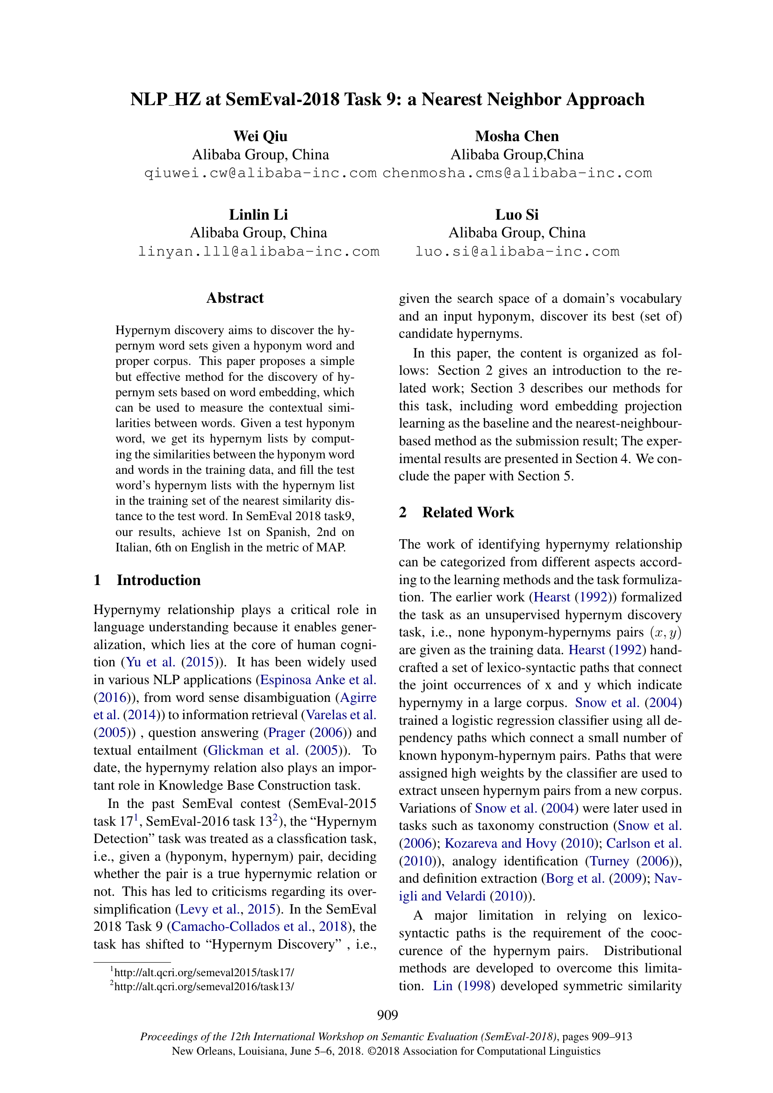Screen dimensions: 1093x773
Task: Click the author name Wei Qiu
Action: pos(260,136)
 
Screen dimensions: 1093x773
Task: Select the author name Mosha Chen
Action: pos(516,136)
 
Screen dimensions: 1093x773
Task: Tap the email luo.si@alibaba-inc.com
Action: pos(517,251)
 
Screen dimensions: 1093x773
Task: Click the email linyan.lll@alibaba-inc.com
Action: pos(258,251)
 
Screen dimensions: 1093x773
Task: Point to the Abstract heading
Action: pos(235,298)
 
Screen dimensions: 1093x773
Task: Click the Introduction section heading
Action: pos(158,580)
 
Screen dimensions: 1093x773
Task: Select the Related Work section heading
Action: pos(468,512)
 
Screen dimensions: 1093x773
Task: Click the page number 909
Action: pos(387,1015)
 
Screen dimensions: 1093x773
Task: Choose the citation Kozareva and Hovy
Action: pos(500,843)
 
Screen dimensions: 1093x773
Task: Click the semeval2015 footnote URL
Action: pos(204,972)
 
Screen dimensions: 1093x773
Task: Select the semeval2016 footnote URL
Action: pos(204,986)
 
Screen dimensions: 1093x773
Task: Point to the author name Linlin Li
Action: pos(258,214)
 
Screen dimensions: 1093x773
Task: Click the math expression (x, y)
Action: pos(666,633)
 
